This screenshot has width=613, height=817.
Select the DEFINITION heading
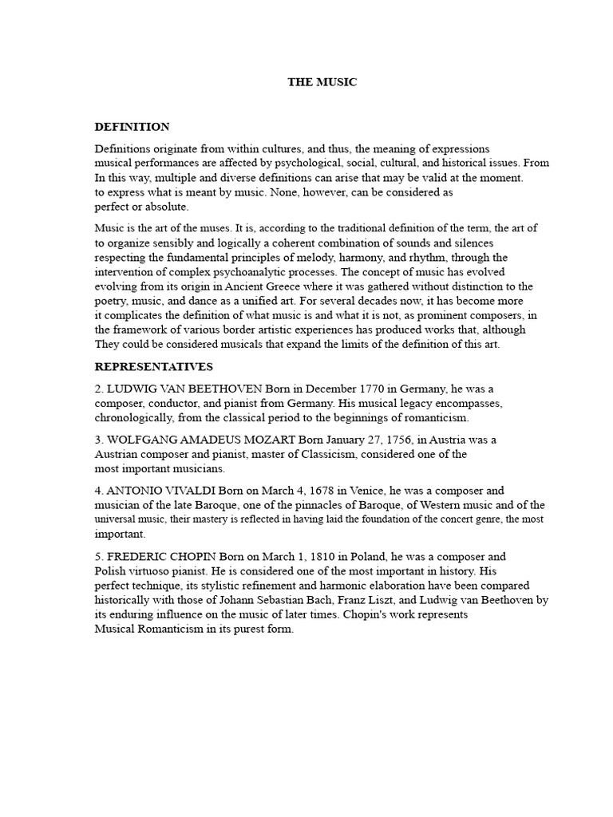coord(132,127)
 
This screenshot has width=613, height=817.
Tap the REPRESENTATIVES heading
coord(154,367)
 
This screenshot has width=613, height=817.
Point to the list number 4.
coord(99,491)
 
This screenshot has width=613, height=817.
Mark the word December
coord(314,389)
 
